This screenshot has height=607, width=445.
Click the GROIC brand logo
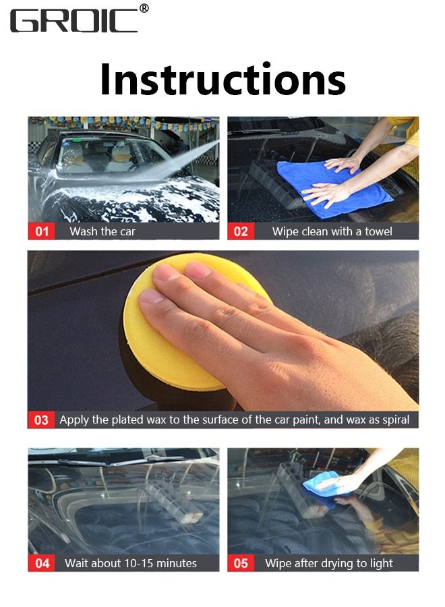pyautogui.click(x=73, y=21)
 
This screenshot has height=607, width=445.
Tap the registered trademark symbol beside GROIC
pyautogui.click(x=144, y=9)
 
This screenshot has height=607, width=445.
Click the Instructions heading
pyautogui.click(x=222, y=80)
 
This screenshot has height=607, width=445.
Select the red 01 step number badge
pyautogui.click(x=41, y=231)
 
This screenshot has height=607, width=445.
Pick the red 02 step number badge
pyautogui.click(x=241, y=231)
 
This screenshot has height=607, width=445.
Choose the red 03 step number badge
pyautogui.click(x=41, y=420)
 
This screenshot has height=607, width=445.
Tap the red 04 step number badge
pyautogui.click(x=42, y=563)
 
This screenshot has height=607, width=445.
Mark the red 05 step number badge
pyautogui.click(x=241, y=563)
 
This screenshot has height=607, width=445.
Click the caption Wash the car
pyautogui.click(x=102, y=231)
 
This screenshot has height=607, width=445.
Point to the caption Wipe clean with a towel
pyautogui.click(x=332, y=231)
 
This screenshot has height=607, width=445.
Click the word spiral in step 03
pyautogui.click(x=395, y=420)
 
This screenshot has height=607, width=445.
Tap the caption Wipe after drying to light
pyautogui.click(x=329, y=564)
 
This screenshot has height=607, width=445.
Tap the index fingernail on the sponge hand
pyautogui.click(x=151, y=296)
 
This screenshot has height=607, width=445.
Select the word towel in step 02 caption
pyautogui.click(x=378, y=231)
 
